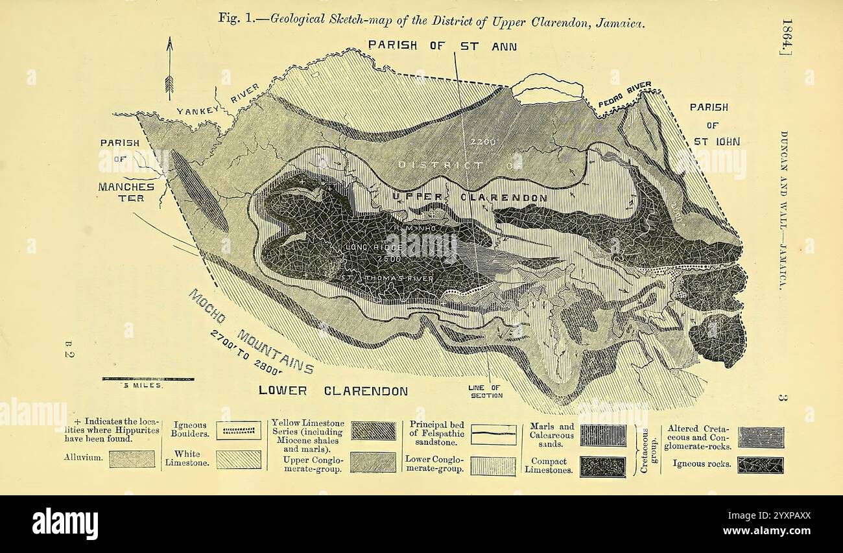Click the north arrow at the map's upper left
(x=169, y=68)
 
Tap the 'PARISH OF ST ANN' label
(x=442, y=45)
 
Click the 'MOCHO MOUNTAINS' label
(x=251, y=332)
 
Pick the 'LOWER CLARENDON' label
(x=333, y=390)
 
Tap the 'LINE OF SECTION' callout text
(x=485, y=392)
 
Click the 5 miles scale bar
(x=148, y=378)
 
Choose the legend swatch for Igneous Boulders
(x=239, y=430)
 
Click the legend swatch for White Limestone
(x=239, y=460)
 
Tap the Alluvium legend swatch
(x=132, y=459)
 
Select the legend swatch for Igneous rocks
(x=760, y=464)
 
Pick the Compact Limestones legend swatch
(x=602, y=467)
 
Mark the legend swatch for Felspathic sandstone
(x=493, y=434)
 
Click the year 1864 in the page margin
(x=786, y=37)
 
